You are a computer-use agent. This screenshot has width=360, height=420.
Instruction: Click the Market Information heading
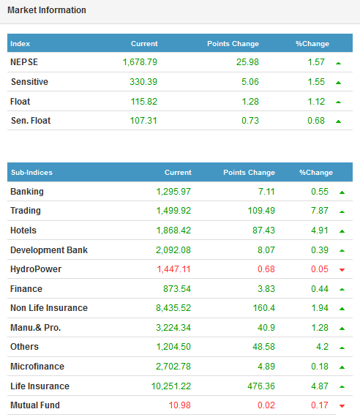[47, 10]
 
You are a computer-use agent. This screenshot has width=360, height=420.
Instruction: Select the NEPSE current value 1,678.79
[140, 62]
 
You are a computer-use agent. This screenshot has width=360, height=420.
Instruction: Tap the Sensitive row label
[29, 82]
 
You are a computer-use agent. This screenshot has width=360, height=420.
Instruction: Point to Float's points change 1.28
[250, 102]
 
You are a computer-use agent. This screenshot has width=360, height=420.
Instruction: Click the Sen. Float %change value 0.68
[316, 121]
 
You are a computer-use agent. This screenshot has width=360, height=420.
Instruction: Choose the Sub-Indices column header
[31, 172]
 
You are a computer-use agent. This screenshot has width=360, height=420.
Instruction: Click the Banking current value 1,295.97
[173, 192]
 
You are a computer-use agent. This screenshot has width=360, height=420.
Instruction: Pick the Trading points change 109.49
[261, 211]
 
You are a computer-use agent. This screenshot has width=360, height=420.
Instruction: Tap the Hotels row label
[23, 230]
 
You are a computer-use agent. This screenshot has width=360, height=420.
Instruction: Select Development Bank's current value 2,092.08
[173, 250]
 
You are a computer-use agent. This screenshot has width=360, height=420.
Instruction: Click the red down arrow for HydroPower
[342, 270]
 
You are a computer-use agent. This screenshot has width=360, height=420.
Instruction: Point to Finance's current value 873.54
[177, 289]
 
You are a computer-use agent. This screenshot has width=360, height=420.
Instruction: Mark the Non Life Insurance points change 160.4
[264, 308]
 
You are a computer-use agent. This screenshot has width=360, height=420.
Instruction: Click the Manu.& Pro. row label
[36, 328]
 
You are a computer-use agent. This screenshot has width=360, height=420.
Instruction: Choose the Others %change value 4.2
[322, 347]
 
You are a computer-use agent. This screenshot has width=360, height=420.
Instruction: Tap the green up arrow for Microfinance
[342, 367]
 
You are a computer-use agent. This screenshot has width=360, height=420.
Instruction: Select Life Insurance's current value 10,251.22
[171, 386]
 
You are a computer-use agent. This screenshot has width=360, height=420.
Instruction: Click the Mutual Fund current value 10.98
[180, 405]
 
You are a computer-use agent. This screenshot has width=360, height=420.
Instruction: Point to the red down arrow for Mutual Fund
[342, 406]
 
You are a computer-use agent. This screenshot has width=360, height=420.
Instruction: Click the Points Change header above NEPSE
[233, 44]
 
